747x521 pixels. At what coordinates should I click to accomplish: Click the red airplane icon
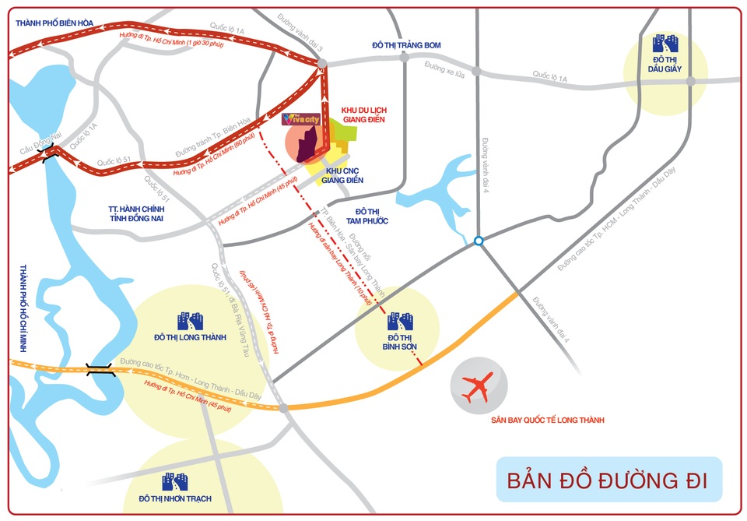pyautogui.click(x=477, y=388)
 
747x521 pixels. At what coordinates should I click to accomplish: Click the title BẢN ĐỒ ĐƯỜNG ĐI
pyautogui.click(x=608, y=481)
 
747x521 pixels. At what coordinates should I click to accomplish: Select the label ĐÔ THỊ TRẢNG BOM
pyautogui.click(x=406, y=45)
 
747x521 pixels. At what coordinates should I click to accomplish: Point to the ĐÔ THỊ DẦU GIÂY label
pyautogui.click(x=666, y=65)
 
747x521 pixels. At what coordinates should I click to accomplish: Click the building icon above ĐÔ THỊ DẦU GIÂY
pyautogui.click(x=666, y=43)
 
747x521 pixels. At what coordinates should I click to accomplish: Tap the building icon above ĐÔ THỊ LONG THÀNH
pyautogui.click(x=190, y=320)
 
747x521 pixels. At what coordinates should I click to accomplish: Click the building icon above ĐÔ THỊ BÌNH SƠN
pyautogui.click(x=400, y=320)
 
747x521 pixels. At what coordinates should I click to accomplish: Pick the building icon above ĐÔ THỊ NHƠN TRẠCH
pyautogui.click(x=174, y=481)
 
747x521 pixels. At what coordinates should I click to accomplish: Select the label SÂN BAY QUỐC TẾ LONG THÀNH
pyautogui.click(x=548, y=421)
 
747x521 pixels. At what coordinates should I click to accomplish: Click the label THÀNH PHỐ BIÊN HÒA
pyautogui.click(x=54, y=23)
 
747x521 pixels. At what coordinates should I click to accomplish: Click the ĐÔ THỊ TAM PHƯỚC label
pyautogui.click(x=372, y=216)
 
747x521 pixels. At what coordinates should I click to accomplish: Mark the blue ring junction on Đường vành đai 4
pyautogui.click(x=479, y=241)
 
